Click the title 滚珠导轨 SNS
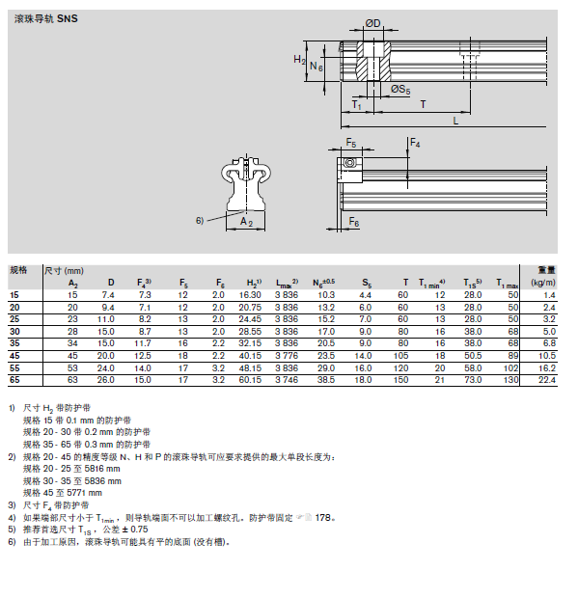[45, 18]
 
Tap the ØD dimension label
[372, 24]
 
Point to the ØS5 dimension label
[400, 90]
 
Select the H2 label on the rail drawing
[299, 60]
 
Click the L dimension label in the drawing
[455, 122]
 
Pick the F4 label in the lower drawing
[415, 144]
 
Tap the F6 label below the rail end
[354, 222]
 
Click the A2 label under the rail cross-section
[246, 222]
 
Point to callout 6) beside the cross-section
[200, 221]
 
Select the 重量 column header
[546, 270]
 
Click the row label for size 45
[14, 356]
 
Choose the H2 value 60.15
[250, 380]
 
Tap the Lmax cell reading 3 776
[287, 356]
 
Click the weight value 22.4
[547, 380]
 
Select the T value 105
[401, 356]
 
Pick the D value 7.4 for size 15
[108, 295]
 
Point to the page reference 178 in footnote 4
[322, 518]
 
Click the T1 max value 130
[510, 380]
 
